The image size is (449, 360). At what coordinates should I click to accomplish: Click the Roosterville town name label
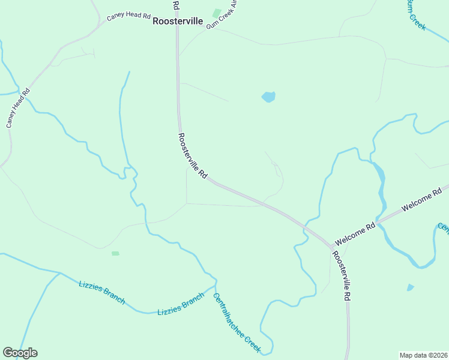178,21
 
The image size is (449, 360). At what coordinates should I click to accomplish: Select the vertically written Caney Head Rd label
18,109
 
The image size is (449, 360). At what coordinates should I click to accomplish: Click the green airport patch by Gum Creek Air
216,13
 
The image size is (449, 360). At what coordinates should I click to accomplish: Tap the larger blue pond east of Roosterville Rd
268,97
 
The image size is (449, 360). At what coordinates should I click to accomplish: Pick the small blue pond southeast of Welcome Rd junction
410,287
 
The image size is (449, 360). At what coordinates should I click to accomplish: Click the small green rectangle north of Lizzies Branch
115,253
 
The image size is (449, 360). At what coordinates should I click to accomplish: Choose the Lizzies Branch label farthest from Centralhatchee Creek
101,292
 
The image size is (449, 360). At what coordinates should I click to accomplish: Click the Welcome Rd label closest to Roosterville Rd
355,234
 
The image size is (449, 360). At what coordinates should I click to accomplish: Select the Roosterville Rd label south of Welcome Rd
341,275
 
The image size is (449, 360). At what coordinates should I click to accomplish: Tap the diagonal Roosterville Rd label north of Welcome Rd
193,157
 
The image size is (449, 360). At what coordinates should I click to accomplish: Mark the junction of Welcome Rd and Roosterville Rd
332,246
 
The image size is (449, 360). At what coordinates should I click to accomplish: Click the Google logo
20,353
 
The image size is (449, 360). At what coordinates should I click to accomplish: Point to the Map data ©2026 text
423,355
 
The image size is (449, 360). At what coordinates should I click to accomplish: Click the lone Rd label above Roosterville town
176,5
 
